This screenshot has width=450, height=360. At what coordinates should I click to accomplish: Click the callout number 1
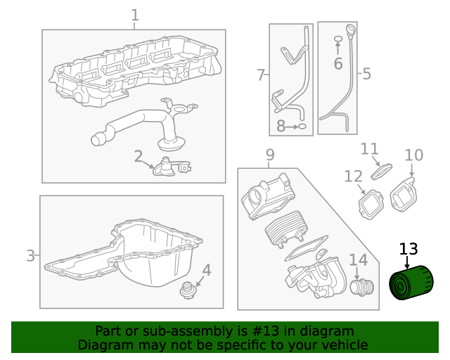point(135,15)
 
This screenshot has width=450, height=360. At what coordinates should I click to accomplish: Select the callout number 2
point(139,156)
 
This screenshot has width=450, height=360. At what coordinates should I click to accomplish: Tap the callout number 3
point(30,255)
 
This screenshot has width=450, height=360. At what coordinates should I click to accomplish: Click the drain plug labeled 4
point(187,290)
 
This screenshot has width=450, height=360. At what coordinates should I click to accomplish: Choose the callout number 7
point(260,75)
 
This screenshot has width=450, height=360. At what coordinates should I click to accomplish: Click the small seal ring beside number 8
point(302,127)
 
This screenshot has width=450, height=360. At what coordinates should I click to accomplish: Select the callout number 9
point(269,155)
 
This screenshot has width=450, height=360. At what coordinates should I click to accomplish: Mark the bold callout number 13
point(409,249)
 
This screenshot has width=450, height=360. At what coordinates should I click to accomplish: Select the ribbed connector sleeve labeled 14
point(363,287)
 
